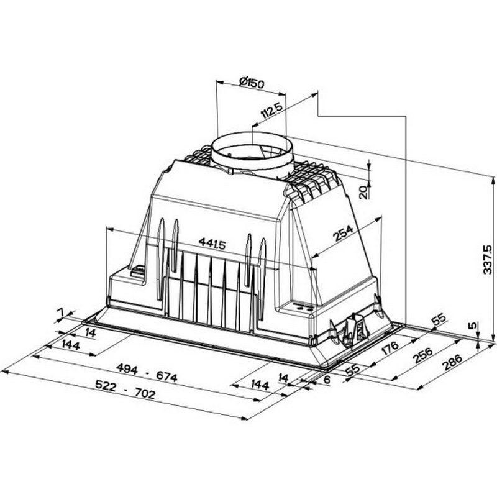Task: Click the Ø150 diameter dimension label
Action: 252,83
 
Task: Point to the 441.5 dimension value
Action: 212,243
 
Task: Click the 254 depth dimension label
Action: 343,232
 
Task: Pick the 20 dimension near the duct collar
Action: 363,192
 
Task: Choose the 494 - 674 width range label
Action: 147,373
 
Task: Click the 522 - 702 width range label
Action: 125,390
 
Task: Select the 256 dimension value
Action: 423,355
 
